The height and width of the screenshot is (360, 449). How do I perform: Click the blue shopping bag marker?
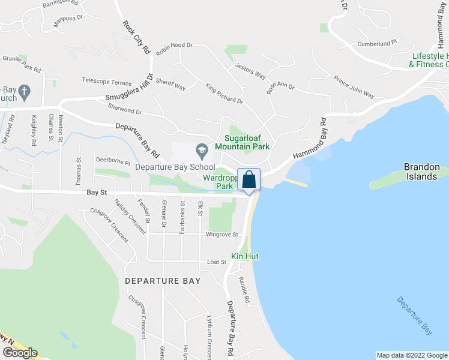(x=249, y=180)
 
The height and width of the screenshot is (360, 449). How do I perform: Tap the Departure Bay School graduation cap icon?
(x=202, y=149)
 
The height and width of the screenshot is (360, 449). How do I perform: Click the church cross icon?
(x=24, y=92)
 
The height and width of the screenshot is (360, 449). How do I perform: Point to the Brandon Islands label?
(x=421, y=171)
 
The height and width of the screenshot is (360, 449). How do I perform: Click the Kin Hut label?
(x=244, y=256)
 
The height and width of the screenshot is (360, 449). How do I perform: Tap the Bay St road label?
(x=96, y=193)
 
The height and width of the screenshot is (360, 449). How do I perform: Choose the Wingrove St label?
(x=222, y=235)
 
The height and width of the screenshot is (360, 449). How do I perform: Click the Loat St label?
(x=216, y=262)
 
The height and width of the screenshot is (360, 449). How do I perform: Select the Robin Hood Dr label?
(x=173, y=45)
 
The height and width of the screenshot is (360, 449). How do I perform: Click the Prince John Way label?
(x=354, y=87)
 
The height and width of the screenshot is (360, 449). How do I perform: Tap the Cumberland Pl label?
(x=378, y=43)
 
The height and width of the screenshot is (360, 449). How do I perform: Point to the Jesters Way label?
(x=250, y=71)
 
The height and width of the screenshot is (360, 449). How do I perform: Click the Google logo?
(x=20, y=353)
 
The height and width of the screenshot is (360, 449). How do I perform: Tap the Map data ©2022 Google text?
(x=411, y=355)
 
